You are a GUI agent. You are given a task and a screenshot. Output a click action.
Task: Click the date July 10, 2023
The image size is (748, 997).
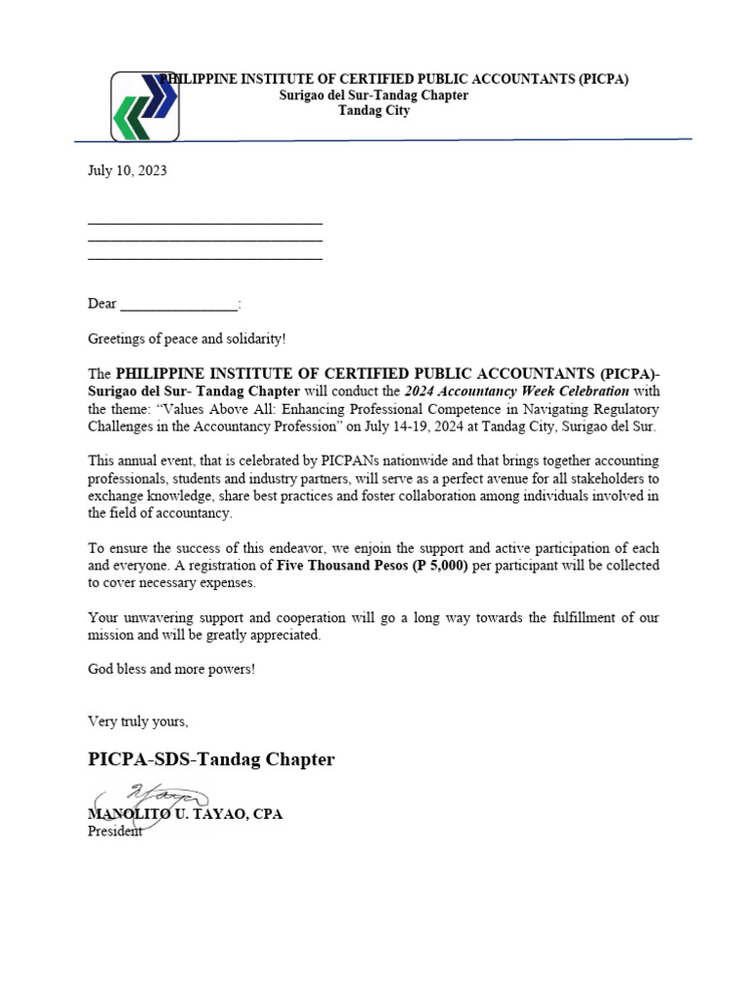pyautogui.click(x=127, y=170)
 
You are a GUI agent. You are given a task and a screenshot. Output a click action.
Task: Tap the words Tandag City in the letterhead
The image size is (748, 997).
pyautogui.click(x=374, y=111)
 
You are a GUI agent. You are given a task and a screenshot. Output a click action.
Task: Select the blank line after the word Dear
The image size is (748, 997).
pyautogui.click(x=178, y=305)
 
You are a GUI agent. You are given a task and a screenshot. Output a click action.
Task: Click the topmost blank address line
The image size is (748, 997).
pyautogui.click(x=205, y=223)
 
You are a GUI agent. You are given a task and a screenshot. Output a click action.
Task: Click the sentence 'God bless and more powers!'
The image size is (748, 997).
pyautogui.click(x=171, y=670)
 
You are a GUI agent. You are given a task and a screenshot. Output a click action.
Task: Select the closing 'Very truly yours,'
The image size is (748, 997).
pyautogui.click(x=137, y=721)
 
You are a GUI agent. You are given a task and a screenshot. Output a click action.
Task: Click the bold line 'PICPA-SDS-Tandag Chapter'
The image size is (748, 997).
pyautogui.click(x=210, y=759)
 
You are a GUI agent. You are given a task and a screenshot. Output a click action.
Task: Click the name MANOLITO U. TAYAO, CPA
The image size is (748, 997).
pyautogui.click(x=185, y=814)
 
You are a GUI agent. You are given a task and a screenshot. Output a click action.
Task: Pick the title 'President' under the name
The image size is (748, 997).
pyautogui.click(x=115, y=831)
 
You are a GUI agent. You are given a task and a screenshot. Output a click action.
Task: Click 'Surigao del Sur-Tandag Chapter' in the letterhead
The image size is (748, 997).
pyautogui.click(x=374, y=95)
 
